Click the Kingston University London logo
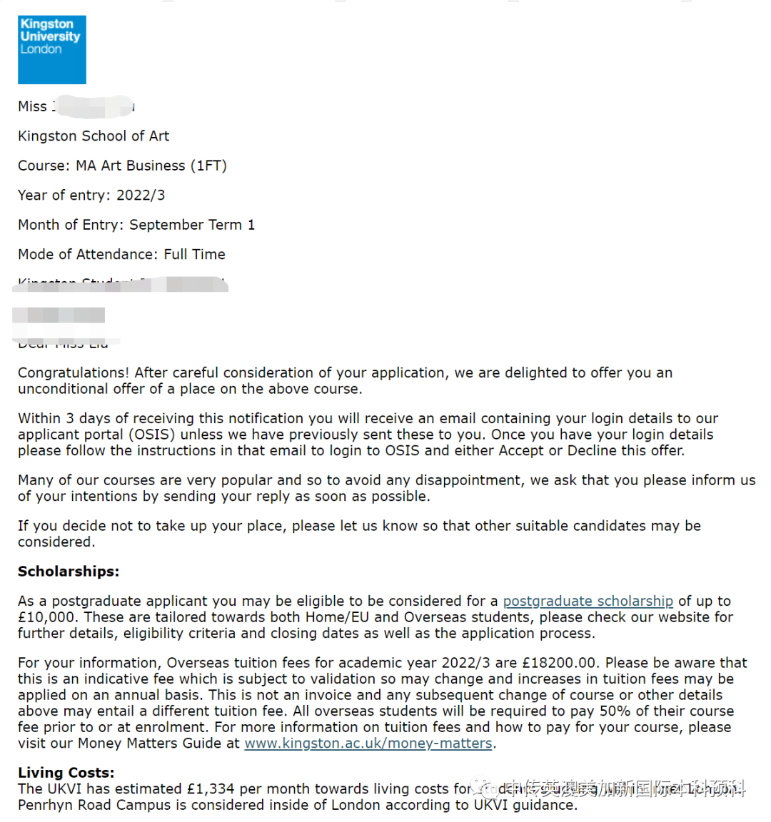pos(51,49)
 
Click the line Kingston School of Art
pos(94,136)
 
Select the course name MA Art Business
pos(131,166)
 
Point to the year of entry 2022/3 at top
pos(141,196)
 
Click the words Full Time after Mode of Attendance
pos(194,255)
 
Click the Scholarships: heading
pos(69,572)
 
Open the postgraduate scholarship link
pos(588,602)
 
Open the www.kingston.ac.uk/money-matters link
pos(368,744)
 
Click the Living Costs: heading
pos(66,773)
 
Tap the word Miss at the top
pos(32,106)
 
